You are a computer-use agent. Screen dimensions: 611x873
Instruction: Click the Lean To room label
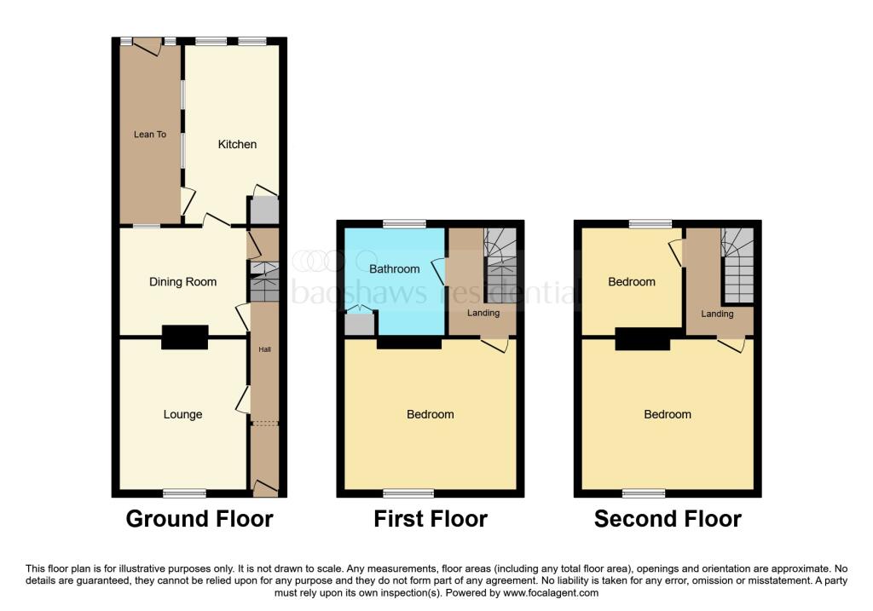[x=150, y=135]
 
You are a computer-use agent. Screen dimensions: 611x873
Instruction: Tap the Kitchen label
[x=237, y=144]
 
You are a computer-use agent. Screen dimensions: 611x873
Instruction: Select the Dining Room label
[x=182, y=282]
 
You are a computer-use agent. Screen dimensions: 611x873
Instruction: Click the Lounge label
[x=182, y=414]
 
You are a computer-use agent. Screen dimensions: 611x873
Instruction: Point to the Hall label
[x=265, y=349]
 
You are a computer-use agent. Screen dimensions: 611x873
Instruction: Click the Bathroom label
[x=394, y=269]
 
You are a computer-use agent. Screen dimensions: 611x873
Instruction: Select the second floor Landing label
[x=717, y=314]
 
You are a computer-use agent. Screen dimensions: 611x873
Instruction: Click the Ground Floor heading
[x=199, y=519]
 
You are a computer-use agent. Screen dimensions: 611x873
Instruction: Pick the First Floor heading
[x=431, y=519]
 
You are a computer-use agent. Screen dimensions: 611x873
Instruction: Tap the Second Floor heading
[x=668, y=519]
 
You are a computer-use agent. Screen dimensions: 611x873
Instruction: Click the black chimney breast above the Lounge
[x=185, y=337]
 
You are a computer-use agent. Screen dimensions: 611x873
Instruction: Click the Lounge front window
[x=185, y=493]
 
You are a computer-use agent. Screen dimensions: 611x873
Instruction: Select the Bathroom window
[x=404, y=224]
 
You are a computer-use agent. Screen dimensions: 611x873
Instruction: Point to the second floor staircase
[x=738, y=265]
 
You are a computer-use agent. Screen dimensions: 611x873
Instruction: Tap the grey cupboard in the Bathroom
[x=359, y=324]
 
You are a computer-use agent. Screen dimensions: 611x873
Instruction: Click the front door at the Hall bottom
[x=265, y=489]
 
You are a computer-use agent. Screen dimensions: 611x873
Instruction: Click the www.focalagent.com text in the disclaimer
[x=549, y=593]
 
